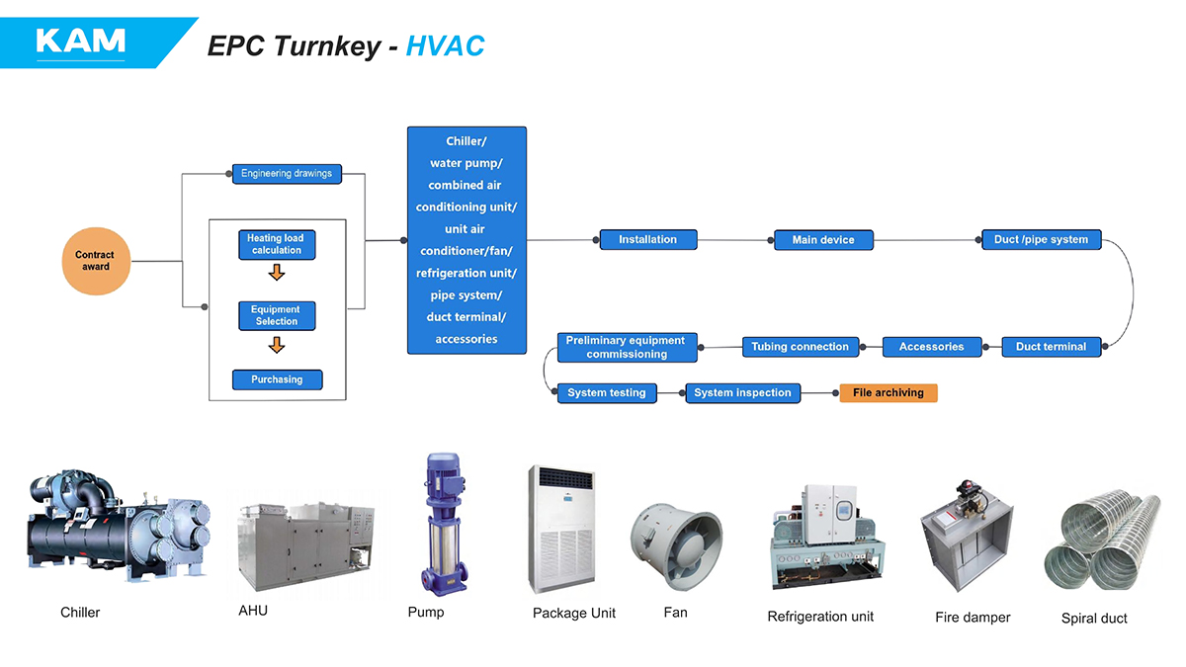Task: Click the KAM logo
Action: pos(80,41)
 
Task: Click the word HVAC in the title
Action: pos(445,45)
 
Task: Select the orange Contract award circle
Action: pos(96,261)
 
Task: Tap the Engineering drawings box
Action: pos(287,174)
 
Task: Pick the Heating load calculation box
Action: pos(277,244)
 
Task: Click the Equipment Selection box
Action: pos(277,315)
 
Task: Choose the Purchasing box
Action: pos(277,379)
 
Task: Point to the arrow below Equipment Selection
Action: pos(277,345)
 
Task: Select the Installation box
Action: pos(648,239)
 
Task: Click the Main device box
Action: pos(823,239)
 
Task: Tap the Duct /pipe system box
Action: pos(1041,239)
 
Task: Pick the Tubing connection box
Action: pos(800,347)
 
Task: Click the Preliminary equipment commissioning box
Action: pos(627,348)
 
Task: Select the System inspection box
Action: pos(742,393)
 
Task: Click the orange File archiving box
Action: pos(888,393)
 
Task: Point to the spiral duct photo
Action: pos(1100,542)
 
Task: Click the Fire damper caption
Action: pos(973,618)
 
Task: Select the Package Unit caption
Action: pos(573,614)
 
